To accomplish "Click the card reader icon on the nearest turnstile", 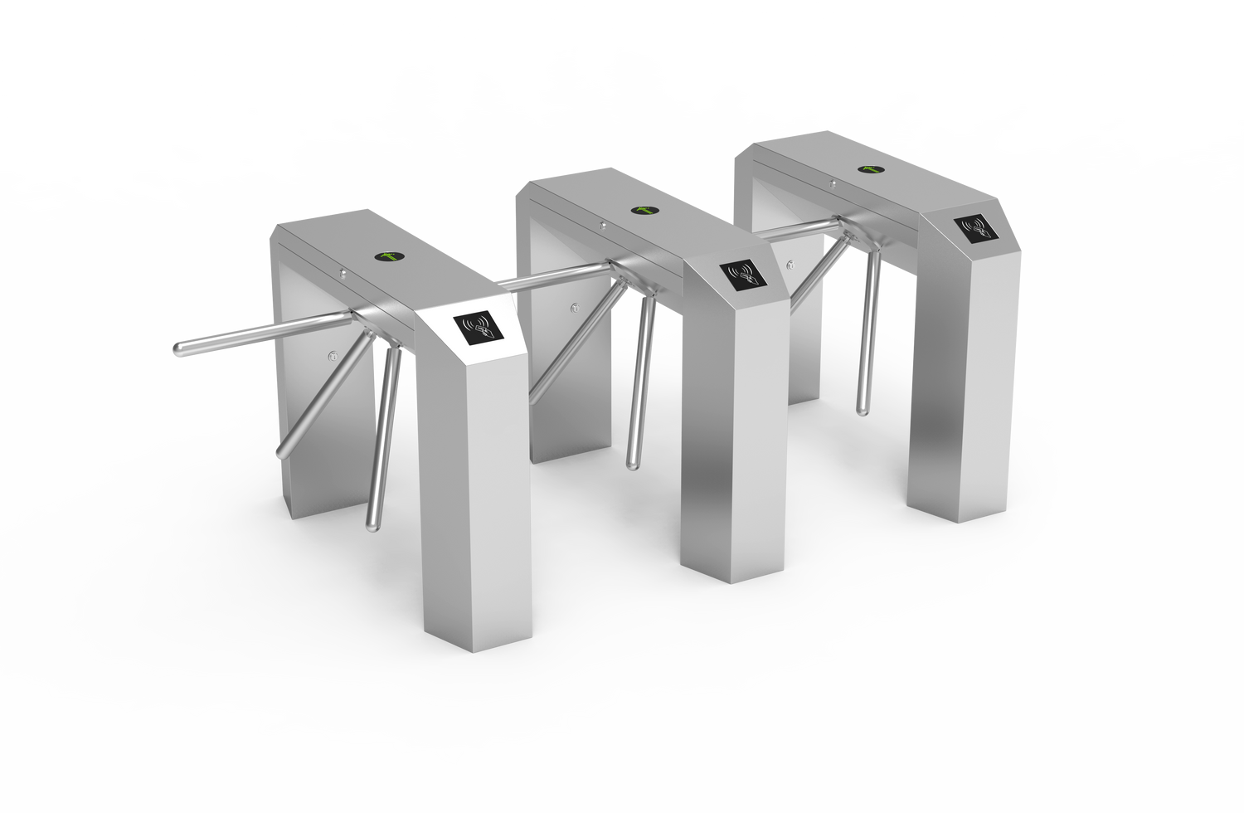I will [x=477, y=328].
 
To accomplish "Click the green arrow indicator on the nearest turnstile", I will [x=388, y=256].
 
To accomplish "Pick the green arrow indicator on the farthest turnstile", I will [x=869, y=170].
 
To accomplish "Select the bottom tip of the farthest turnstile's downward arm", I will [x=863, y=410].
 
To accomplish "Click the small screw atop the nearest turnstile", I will [x=342, y=270].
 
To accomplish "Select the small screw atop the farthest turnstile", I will [x=832, y=182].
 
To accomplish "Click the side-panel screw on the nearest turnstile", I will [x=333, y=357].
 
